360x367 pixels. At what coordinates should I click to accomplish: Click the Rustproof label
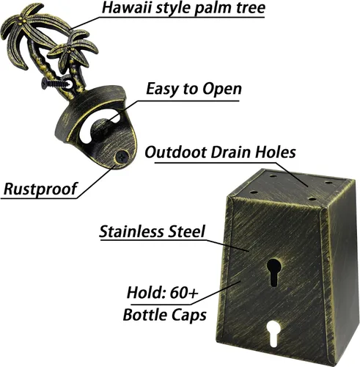(40, 189)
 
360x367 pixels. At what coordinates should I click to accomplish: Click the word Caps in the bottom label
(189, 316)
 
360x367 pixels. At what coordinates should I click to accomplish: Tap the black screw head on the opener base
(122, 157)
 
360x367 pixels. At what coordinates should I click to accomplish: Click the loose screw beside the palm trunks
(57, 83)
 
